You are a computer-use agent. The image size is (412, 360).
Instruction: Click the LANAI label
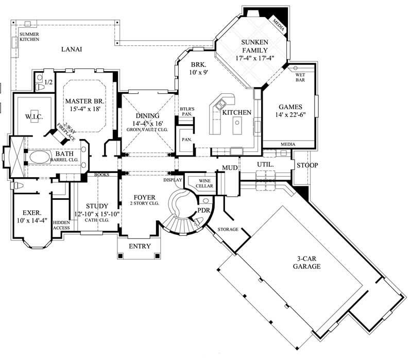pyautogui.click(x=72, y=49)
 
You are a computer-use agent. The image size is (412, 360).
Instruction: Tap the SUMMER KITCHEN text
pyautogui.click(x=29, y=37)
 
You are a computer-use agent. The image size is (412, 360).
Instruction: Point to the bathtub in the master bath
pyautogui.click(x=44, y=157)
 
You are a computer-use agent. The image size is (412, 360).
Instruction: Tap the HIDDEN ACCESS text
pyautogui.click(x=61, y=225)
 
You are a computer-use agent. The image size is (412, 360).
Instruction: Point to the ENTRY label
pyautogui.click(x=140, y=246)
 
